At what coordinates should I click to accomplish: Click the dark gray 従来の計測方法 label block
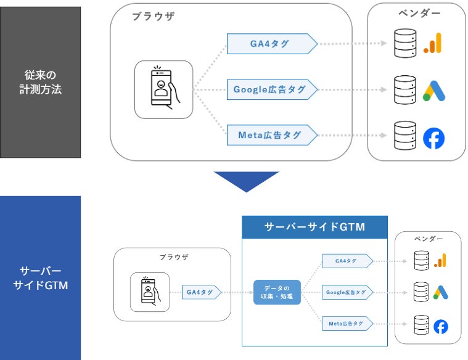click(x=40, y=82)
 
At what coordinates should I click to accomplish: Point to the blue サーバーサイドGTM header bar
click(x=314, y=227)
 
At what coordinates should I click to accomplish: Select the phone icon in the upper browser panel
click(x=163, y=89)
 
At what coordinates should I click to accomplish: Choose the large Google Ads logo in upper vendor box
click(x=433, y=90)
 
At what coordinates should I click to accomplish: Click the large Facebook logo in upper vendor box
click(x=433, y=138)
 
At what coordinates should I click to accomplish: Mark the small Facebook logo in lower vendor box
click(x=440, y=326)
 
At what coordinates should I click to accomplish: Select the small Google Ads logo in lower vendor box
click(x=440, y=292)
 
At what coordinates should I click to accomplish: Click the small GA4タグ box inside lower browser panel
click(x=200, y=292)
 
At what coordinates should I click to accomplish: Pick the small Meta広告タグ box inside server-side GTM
click(x=347, y=323)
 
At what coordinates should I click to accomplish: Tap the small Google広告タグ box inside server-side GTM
click(x=347, y=292)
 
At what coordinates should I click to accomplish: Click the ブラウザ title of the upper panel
click(x=153, y=17)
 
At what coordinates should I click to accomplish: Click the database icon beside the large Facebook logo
click(x=405, y=137)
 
